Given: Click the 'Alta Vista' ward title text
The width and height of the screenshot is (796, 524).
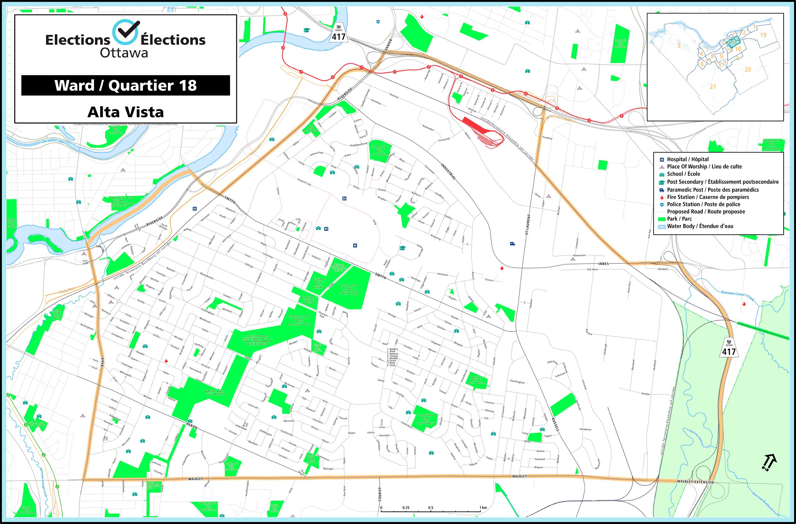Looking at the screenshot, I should pyautogui.click(x=125, y=112).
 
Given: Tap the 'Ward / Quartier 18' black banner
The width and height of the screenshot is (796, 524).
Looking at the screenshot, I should pyautogui.click(x=125, y=85).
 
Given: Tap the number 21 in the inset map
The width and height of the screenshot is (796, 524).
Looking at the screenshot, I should pyautogui.click(x=713, y=87).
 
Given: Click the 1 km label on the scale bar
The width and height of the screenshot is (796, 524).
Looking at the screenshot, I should pyautogui.click(x=483, y=508).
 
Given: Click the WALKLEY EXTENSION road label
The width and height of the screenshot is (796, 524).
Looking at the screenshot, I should pyautogui.click(x=695, y=482).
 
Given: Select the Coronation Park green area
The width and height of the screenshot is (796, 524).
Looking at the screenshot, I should pyautogui.click(x=380, y=151).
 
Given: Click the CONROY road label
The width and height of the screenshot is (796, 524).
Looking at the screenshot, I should pyautogui.click(x=380, y=495).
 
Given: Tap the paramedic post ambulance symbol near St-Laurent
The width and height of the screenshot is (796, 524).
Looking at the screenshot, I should pyautogui.click(x=512, y=244).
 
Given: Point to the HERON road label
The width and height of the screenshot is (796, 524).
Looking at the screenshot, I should pyautogui.click(x=192, y=426).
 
